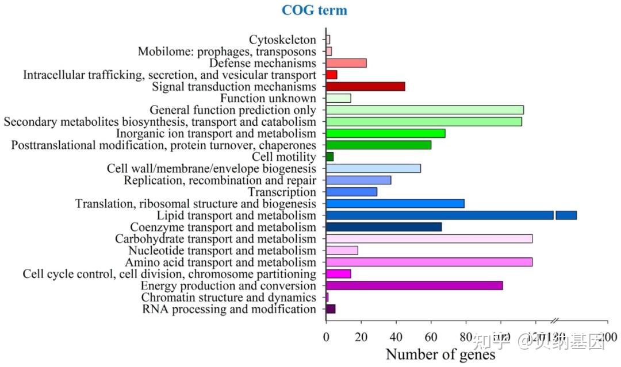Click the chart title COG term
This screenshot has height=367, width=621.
314,10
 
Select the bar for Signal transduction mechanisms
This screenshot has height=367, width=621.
365,87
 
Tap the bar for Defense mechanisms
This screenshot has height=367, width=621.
346,63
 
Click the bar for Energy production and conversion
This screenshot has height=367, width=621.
414,285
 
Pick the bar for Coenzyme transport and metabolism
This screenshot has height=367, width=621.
384,227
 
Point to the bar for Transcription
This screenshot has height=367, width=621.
351,192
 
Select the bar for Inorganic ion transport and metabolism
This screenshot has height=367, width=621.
385,133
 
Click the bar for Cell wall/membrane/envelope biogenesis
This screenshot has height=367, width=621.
373,168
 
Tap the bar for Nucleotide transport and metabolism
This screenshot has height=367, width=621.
342,250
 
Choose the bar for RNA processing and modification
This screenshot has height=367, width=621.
331,309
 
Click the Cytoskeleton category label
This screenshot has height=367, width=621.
282,40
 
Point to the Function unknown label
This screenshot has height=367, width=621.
268,98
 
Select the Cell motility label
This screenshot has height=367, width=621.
284,157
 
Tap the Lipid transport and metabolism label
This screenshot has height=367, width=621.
236,215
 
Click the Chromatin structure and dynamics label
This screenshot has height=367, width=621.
229,298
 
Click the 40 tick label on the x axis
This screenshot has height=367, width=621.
396,337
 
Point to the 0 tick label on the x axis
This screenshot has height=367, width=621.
326,337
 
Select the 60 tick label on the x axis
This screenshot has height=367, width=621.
431,337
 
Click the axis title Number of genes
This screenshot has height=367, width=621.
440,354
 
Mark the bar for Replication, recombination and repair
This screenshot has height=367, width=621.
358,180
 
